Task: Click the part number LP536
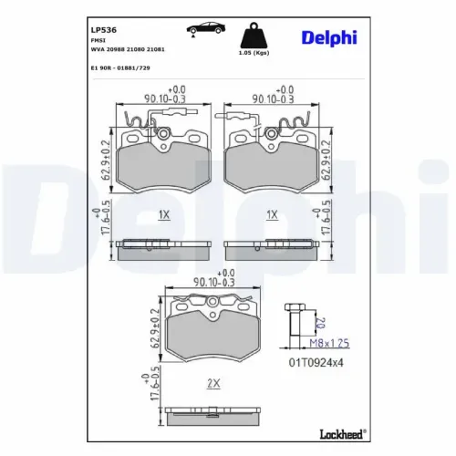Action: coord(104,30)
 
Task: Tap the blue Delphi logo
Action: coord(329,38)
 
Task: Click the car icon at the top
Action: coord(206,28)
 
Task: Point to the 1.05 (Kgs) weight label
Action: coord(254,53)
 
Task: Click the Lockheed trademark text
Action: coord(342,434)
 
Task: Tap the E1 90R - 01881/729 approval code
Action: coord(120,68)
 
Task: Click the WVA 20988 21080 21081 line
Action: coord(128,49)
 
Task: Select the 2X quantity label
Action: coord(213,383)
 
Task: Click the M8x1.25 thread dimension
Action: coord(329,343)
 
